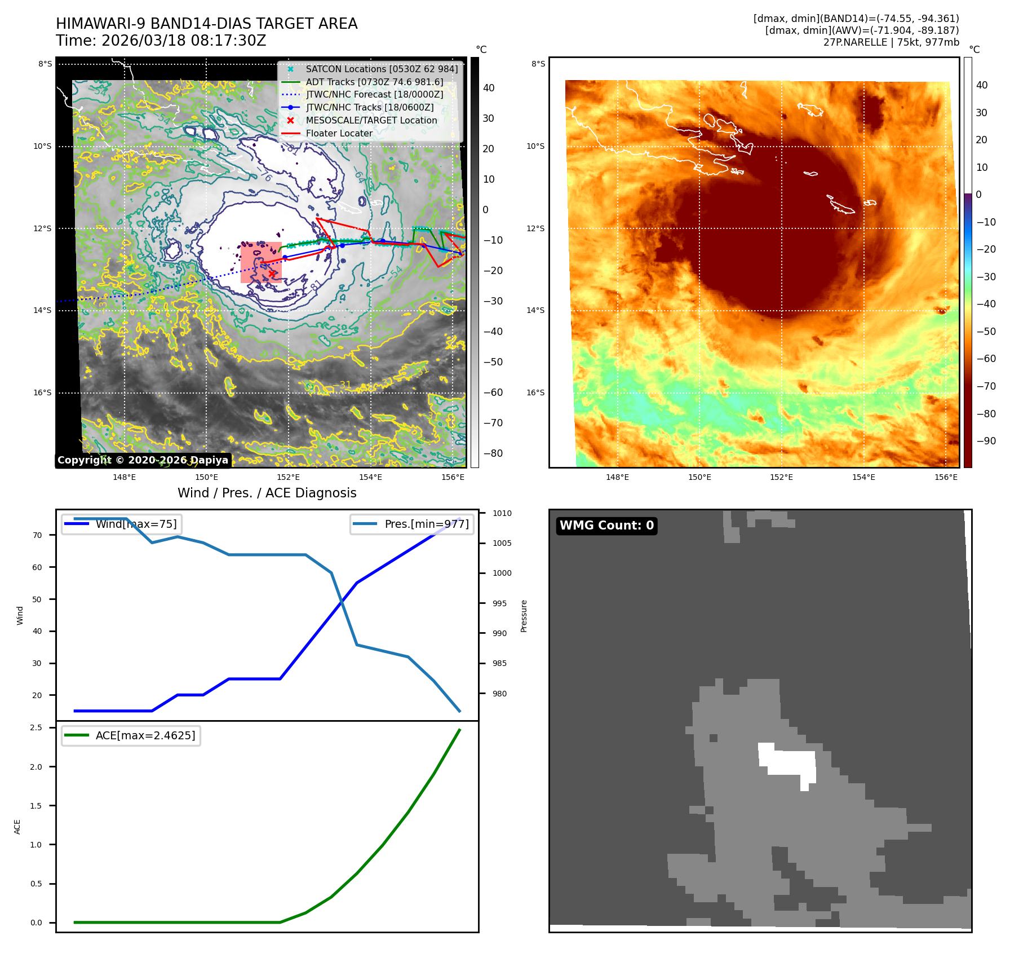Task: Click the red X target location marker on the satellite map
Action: pyautogui.click(x=272, y=273)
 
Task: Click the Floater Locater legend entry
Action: pyautogui.click(x=339, y=133)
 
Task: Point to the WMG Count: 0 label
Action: pyautogui.click(x=606, y=526)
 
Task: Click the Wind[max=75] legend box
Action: pyautogui.click(x=122, y=524)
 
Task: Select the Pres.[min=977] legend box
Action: pyautogui.click(x=411, y=524)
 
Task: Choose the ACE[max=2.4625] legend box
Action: pyautogui.click(x=131, y=735)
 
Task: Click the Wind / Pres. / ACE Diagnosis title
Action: pyautogui.click(x=267, y=493)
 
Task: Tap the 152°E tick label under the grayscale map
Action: pyautogui.click(x=288, y=477)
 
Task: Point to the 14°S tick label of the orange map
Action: pyautogui.click(x=535, y=310)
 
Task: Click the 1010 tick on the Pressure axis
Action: pyautogui.click(x=502, y=513)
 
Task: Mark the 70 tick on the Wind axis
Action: pyautogui.click(x=37, y=535)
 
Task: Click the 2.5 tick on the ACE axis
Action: pyautogui.click(x=36, y=727)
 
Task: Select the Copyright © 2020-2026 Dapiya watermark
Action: pyautogui.click(x=143, y=460)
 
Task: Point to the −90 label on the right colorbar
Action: pyautogui.click(x=986, y=441)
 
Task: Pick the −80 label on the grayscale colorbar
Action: pyautogui.click(x=493, y=453)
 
